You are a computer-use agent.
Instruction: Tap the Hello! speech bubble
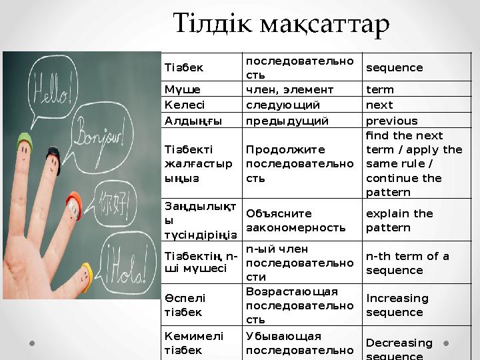[51, 87]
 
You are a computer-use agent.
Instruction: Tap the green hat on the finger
[25, 139]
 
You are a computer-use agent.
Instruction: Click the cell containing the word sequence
[395, 68]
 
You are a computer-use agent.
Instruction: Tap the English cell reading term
[380, 89]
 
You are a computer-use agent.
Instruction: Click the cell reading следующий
[283, 105]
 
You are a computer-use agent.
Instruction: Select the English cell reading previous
[392, 121]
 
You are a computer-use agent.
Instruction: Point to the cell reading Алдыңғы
[191, 121]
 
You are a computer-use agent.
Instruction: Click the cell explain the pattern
[399, 221]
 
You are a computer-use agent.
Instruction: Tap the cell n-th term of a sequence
[407, 263]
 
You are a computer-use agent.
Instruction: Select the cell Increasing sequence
[397, 305]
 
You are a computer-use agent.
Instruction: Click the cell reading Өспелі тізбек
[185, 305]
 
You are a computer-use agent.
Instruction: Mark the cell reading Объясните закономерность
[295, 221]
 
